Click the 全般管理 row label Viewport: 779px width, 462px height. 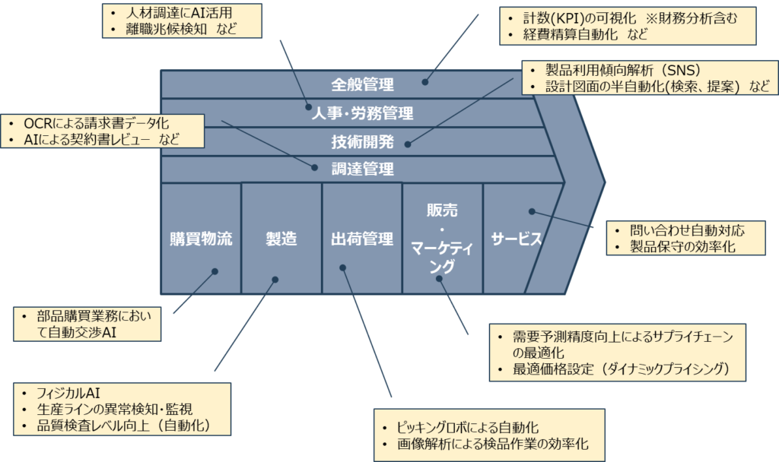[x=362, y=84]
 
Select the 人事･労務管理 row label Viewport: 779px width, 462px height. [x=362, y=113]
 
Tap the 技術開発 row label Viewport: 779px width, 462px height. [x=362, y=141]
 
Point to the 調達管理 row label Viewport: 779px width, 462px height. [x=362, y=169]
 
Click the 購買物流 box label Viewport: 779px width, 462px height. [x=201, y=239]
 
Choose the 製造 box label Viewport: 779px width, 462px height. [x=281, y=239]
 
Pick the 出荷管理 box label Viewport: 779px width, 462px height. [x=362, y=239]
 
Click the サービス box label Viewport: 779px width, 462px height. [x=515, y=239]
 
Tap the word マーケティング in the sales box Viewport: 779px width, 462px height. [x=442, y=256]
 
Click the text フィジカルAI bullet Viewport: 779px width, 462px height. [x=68, y=393]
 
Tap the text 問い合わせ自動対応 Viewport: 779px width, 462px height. [x=686, y=229]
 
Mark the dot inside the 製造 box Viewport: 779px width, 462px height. [x=275, y=279]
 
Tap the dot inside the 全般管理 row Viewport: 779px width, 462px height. [x=426, y=81]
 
